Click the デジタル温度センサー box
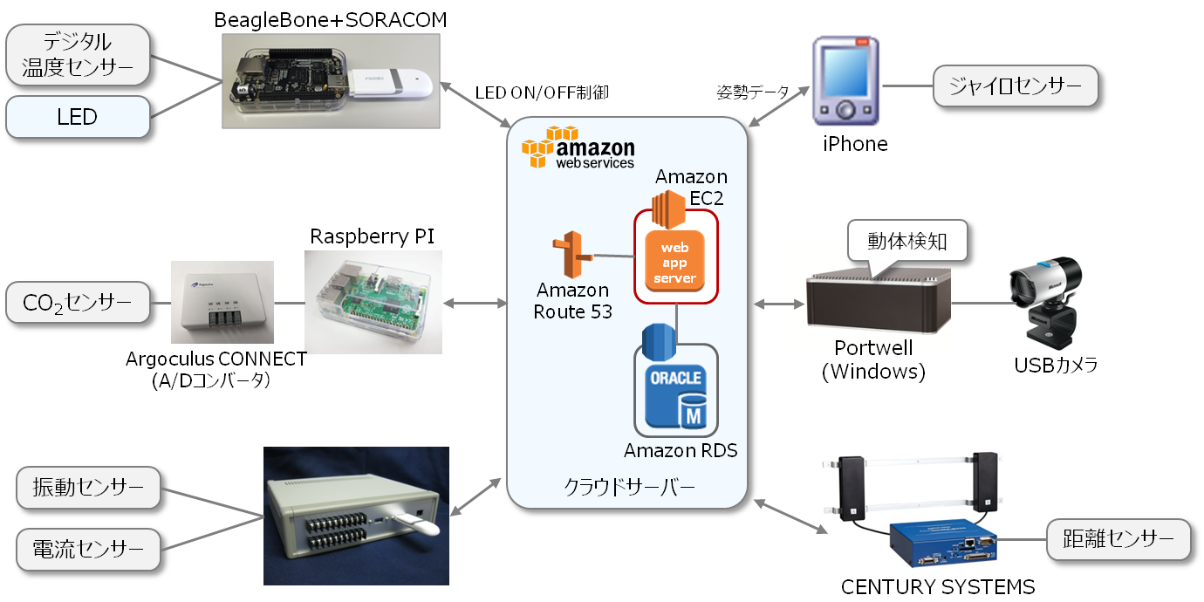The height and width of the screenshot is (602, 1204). click(78, 55)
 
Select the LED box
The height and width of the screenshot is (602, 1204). click(78, 117)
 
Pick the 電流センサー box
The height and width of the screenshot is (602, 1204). click(88, 549)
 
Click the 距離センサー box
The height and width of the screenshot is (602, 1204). click(1117, 539)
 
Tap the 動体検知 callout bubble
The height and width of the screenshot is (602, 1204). click(907, 241)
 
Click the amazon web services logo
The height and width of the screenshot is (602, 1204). click(578, 147)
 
